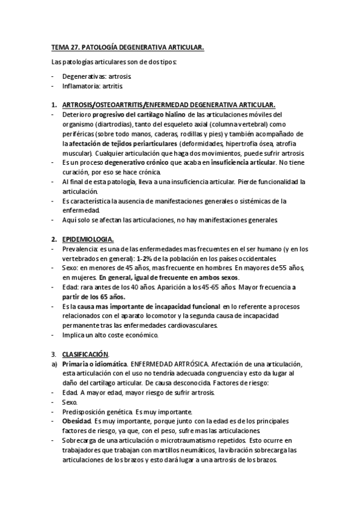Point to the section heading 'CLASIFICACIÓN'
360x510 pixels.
[89, 355]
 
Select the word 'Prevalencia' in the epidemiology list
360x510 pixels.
[81, 248]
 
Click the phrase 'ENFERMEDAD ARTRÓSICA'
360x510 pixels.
[165, 364]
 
